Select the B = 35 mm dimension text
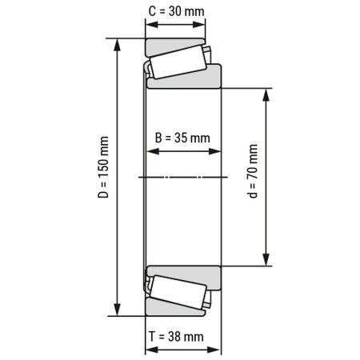pos(182,138)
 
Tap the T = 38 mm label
pos(182,337)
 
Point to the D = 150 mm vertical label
pos(103,178)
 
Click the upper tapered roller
pos(177,62)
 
